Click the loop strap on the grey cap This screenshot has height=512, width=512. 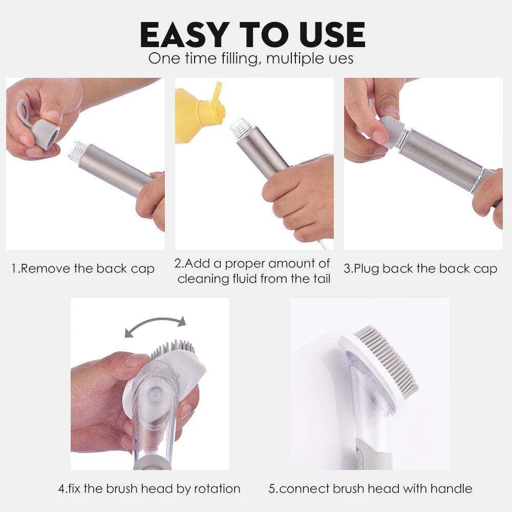pyautogui.click(x=23, y=113)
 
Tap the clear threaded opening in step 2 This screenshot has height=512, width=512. pyautogui.click(x=240, y=127)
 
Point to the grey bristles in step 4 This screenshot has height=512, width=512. pyautogui.click(x=173, y=349)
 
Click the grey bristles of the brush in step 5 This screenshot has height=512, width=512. pyautogui.click(x=387, y=360)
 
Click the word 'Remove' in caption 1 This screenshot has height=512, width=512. pyautogui.click(x=46, y=269)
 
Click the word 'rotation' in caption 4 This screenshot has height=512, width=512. pyautogui.click(x=218, y=489)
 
